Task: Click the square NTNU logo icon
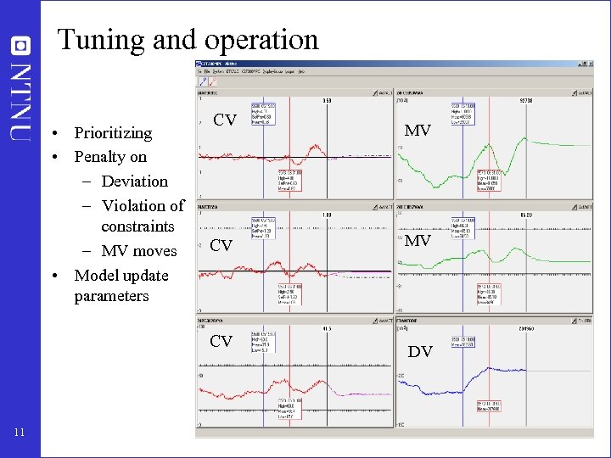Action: point(22,44)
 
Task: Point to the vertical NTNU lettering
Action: point(22,99)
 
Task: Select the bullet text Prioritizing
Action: point(113,133)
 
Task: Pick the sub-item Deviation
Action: point(134,182)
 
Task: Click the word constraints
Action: point(137,226)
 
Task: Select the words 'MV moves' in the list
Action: point(139,251)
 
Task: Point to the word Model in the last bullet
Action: point(97,276)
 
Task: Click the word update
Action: point(145,276)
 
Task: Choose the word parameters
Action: point(111,296)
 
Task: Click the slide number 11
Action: point(20,434)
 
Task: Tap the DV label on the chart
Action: point(420,351)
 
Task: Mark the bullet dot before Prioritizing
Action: point(54,134)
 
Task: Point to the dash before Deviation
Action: point(88,182)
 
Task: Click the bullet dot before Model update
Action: point(54,276)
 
